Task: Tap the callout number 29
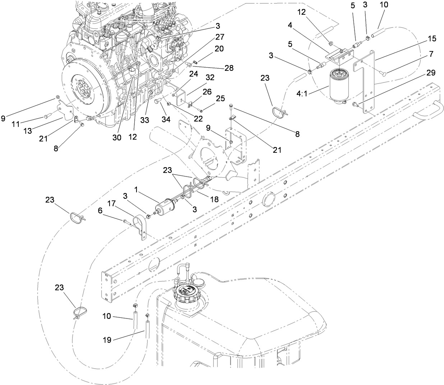point(431,73)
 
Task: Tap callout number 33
point(144,120)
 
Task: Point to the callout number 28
point(229,68)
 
